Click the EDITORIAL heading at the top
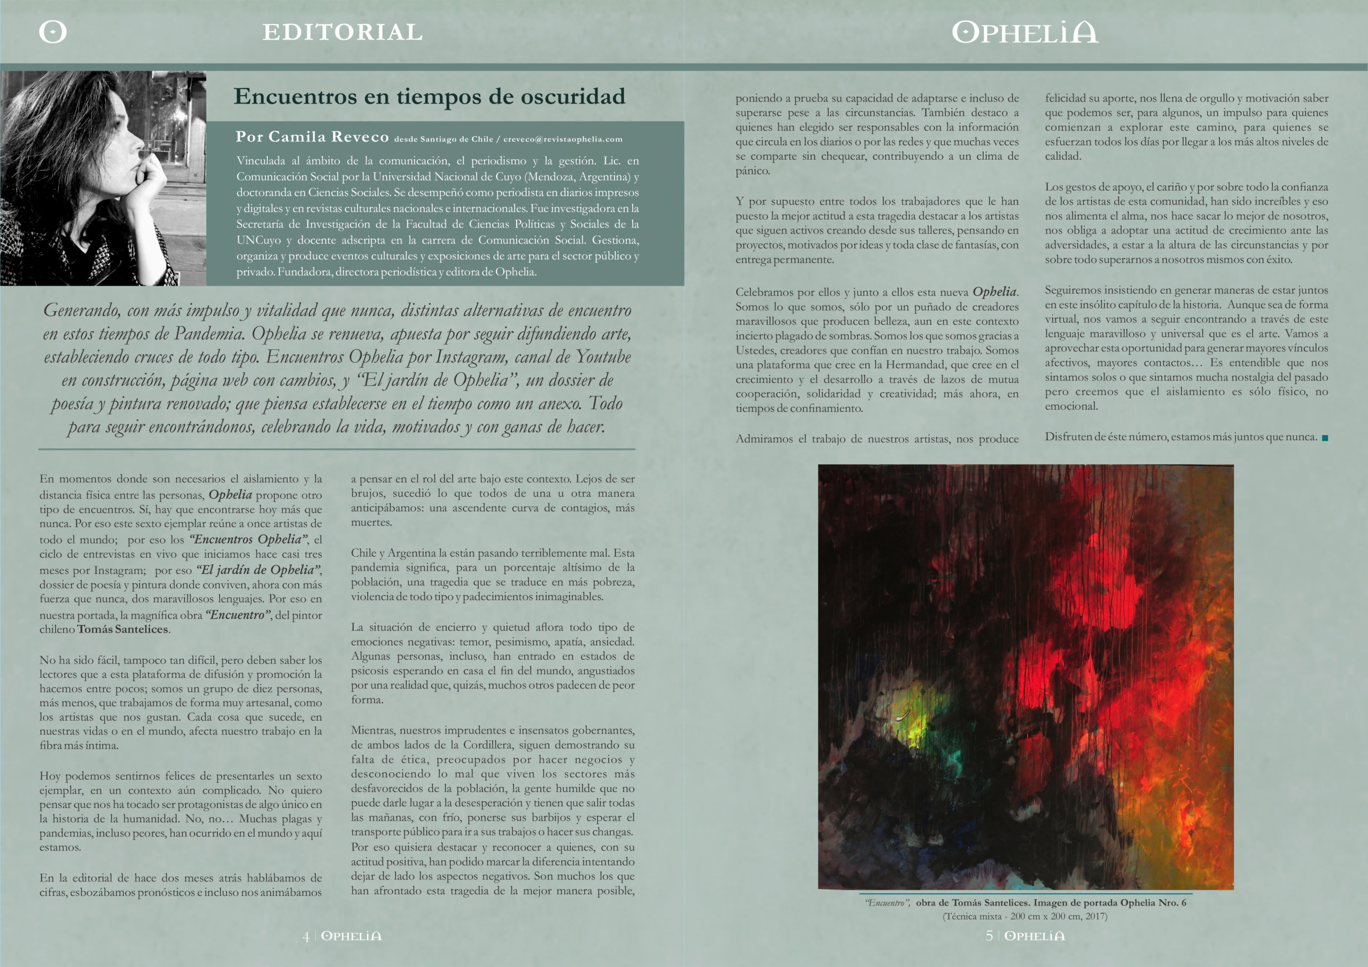(343, 32)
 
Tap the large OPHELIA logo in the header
(1025, 32)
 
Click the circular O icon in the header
(52, 32)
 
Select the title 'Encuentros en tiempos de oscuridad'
(429, 97)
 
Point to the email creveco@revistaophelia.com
(563, 139)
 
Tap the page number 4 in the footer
(306, 936)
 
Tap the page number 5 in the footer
(989, 936)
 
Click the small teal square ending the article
(1325, 438)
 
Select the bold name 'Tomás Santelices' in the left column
(122, 629)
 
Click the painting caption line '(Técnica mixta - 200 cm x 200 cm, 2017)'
(1025, 916)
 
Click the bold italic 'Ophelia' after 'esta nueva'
(994, 292)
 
